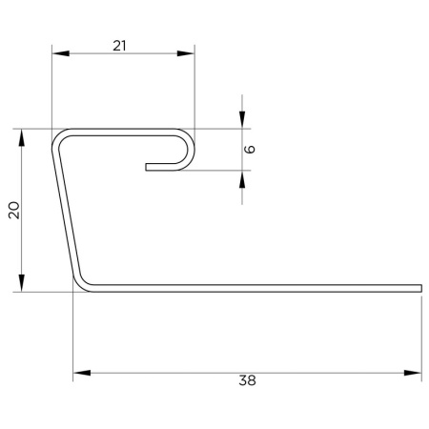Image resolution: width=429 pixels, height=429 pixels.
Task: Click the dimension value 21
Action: point(119,46)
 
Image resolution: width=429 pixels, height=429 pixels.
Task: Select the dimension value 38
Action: point(247,380)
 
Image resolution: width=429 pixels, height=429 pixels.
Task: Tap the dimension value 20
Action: point(14,210)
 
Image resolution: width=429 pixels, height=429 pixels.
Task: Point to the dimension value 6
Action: point(251,149)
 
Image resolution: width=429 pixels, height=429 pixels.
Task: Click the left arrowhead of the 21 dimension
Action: point(60,53)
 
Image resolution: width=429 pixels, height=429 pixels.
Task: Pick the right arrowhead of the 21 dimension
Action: point(186,53)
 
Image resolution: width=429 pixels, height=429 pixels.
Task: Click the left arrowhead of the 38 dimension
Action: point(82,373)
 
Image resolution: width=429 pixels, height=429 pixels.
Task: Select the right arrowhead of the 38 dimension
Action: point(413,373)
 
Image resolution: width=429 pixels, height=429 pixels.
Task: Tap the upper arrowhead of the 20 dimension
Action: point(22,137)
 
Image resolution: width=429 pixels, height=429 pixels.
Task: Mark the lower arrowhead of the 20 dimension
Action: point(22,283)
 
